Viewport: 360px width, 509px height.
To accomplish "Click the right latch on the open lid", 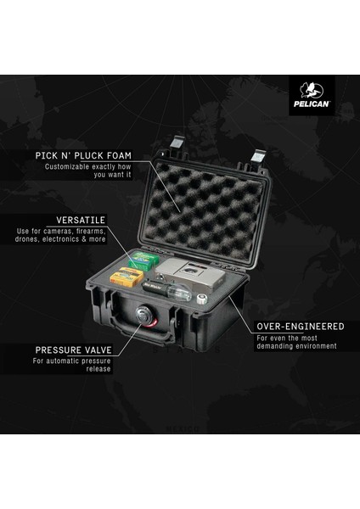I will pos(260,159).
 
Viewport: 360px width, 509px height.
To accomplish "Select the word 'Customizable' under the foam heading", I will pos(68,167).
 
